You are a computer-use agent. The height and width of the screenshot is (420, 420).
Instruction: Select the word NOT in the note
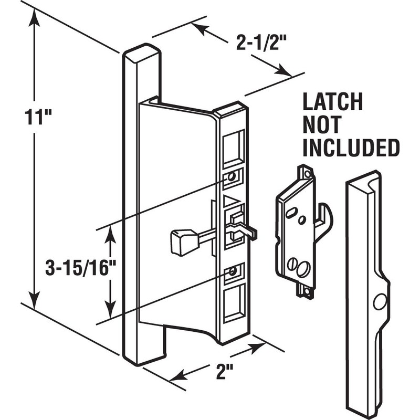tap(321, 125)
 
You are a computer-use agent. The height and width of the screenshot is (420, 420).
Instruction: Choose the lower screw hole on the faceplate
tap(230, 271)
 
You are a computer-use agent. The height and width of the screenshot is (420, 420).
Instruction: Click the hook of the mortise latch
tap(327, 220)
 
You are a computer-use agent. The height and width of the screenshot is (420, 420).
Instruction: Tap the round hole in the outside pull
tap(379, 301)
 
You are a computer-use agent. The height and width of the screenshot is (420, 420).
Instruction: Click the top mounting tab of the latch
tap(304, 172)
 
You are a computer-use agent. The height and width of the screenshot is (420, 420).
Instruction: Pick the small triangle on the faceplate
tap(229, 200)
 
